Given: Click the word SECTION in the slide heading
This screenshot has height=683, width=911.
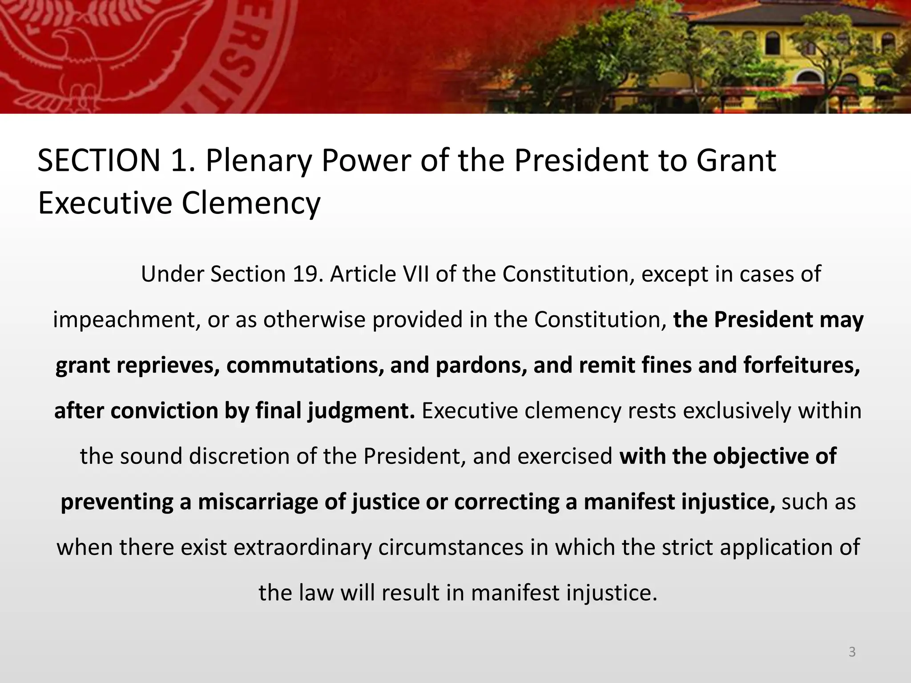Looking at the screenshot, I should click(x=99, y=161).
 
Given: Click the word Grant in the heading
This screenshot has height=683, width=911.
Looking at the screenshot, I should click(x=736, y=161).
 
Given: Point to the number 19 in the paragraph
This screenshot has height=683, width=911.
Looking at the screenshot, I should click(x=306, y=274).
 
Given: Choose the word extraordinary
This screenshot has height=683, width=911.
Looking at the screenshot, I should click(x=302, y=547).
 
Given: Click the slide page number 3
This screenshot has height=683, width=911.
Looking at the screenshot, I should click(x=852, y=652).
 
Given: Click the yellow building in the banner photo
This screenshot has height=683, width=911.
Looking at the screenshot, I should click(x=801, y=49).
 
